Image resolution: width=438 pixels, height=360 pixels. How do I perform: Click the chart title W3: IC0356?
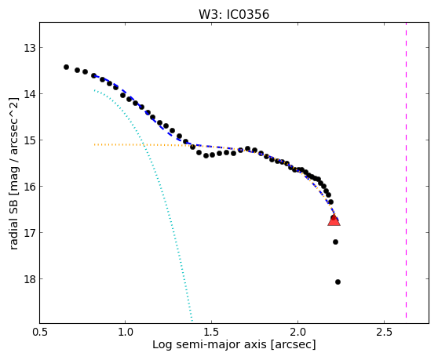[234, 15]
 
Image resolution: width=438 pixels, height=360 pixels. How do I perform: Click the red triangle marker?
[334, 220]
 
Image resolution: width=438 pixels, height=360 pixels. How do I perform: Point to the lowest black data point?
[338, 282]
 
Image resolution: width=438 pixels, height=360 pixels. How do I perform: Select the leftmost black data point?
[66, 67]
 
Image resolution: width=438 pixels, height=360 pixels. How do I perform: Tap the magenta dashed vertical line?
[406, 170]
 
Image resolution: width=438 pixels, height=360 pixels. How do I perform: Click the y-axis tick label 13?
[30, 48]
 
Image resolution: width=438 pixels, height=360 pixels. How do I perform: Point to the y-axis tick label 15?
[30, 140]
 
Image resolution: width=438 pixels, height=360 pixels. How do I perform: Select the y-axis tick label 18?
[30, 279]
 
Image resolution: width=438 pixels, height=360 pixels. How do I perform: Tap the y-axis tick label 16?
[30, 187]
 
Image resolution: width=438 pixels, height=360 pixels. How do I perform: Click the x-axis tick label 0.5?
[40, 333]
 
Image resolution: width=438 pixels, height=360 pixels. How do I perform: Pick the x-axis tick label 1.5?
[212, 333]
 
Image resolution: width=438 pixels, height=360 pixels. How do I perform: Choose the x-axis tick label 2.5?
[385, 333]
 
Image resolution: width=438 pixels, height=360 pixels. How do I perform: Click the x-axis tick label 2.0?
[298, 333]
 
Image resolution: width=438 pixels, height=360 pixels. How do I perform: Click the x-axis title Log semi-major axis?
[210, 345]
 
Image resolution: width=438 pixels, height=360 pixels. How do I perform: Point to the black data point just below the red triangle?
[335, 242]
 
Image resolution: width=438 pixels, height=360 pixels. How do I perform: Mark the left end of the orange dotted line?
[94, 144]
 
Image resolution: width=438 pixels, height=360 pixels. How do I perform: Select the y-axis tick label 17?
[30, 233]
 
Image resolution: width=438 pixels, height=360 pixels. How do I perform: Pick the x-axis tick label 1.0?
[126, 333]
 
